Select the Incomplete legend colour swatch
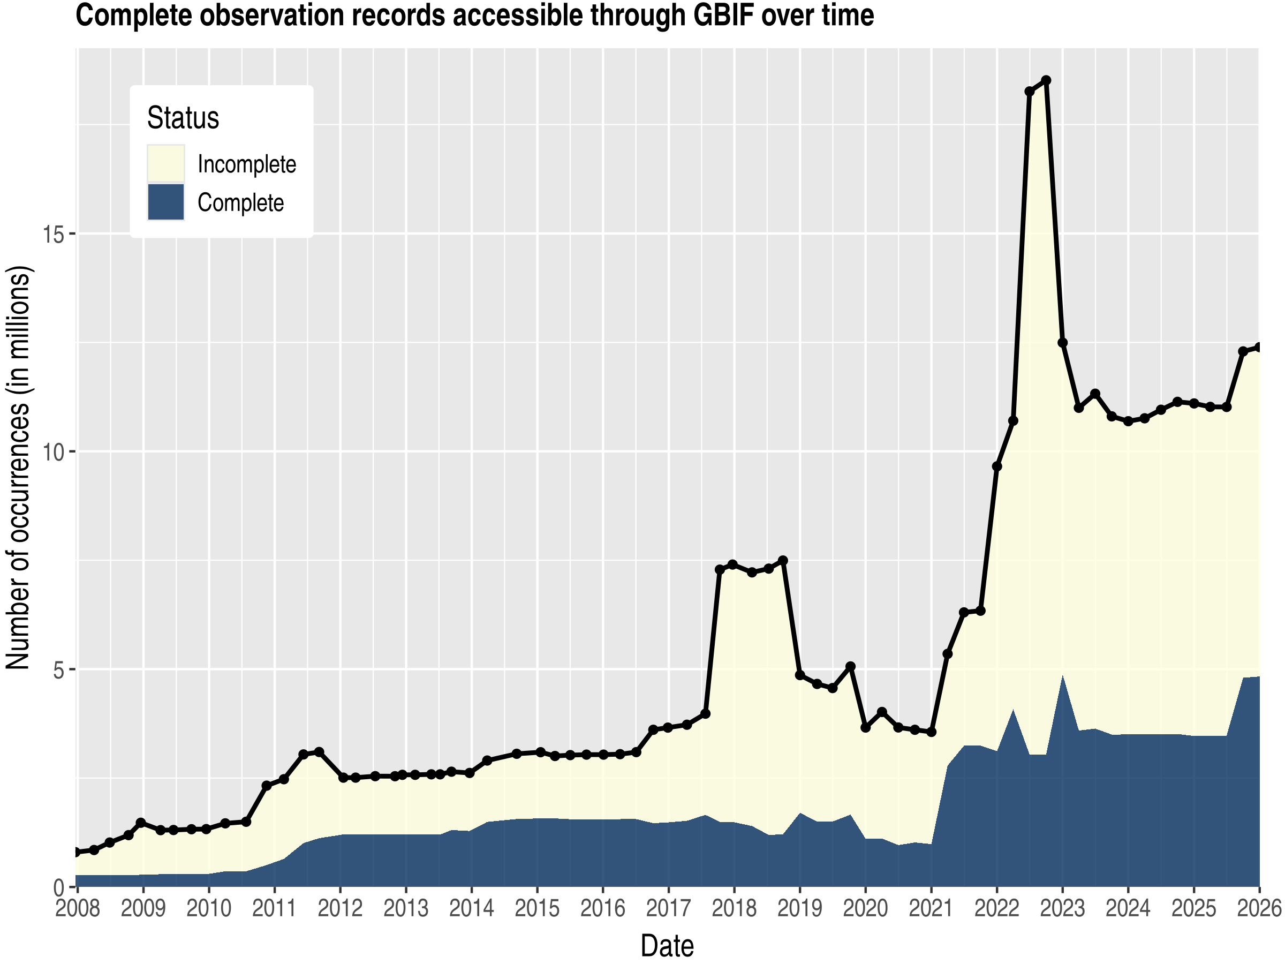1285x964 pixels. point(165,164)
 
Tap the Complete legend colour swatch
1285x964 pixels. point(165,202)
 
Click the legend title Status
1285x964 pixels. point(183,118)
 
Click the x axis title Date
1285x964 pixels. point(667,946)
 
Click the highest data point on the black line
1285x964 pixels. point(1046,80)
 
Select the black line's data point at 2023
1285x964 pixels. point(1062,343)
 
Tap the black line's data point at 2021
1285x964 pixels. point(931,732)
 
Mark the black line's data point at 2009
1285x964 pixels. point(141,823)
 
